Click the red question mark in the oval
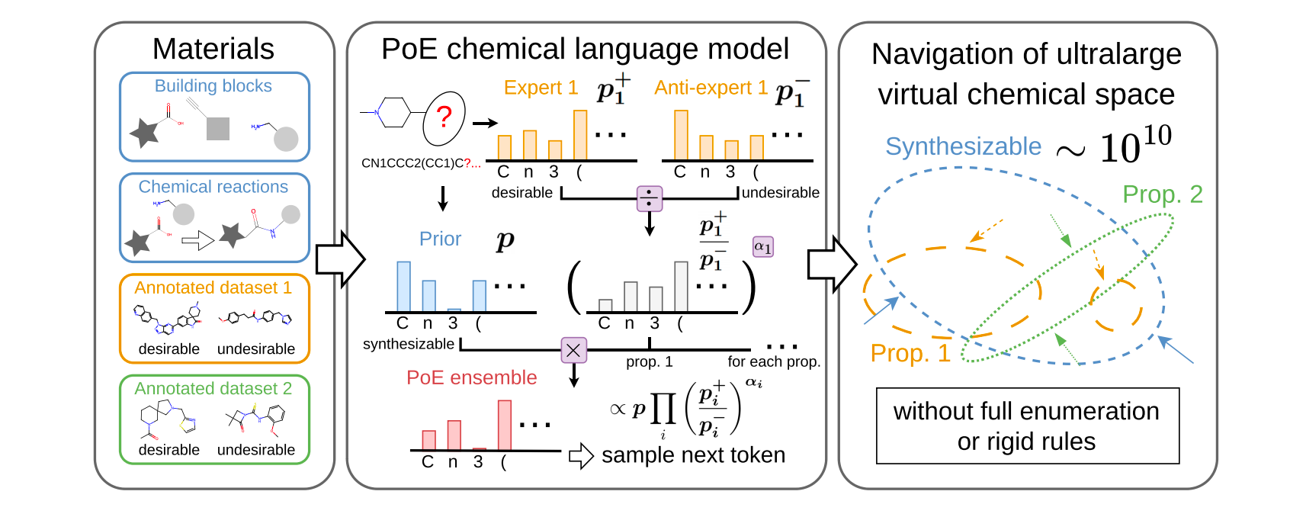click(x=444, y=117)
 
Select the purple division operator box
click(x=649, y=199)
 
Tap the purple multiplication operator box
click(x=573, y=350)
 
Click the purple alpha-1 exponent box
click(x=762, y=246)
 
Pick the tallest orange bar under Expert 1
click(x=580, y=135)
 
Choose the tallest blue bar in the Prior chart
click(x=403, y=286)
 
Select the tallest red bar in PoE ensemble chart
click(x=504, y=425)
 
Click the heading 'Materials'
click(x=213, y=49)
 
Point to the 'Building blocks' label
click(x=213, y=86)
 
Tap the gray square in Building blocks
click(x=218, y=128)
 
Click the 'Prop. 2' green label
click(x=1162, y=194)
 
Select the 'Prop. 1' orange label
click(x=910, y=353)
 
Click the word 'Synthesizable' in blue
click(x=963, y=146)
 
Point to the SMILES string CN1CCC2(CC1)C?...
click(x=420, y=163)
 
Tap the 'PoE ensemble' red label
click(x=471, y=377)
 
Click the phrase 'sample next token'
click(x=693, y=455)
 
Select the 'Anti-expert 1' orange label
click(x=711, y=88)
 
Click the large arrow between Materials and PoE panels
click(x=340, y=258)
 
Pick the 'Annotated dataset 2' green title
click(x=213, y=389)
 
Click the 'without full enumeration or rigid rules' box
click(x=1027, y=425)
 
